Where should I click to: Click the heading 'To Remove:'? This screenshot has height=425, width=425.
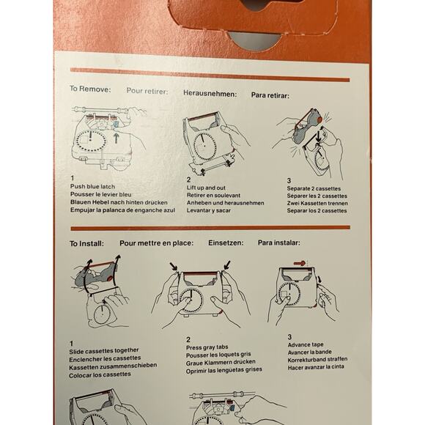pos(90,89)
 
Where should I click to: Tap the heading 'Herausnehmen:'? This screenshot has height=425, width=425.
pos(210,94)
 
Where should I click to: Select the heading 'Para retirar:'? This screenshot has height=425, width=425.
pos(270,95)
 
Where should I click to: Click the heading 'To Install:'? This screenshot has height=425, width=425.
pos(86,243)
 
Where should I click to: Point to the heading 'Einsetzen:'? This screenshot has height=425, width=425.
pos(226,243)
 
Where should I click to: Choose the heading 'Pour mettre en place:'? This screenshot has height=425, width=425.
pos(156,243)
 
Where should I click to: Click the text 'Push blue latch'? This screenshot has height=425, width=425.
pos(93,186)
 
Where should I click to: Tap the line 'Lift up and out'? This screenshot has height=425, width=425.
pos(206,188)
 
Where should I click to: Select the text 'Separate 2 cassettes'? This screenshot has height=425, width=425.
pos(314,188)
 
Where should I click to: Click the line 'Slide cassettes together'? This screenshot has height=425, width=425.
pos(104,351)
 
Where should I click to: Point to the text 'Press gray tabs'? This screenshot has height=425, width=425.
pos(207,347)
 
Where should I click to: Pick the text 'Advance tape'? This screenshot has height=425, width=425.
pos(306,345)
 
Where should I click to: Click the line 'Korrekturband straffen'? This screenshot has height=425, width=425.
pos(318,359)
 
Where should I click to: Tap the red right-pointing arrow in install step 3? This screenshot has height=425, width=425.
pos(300,263)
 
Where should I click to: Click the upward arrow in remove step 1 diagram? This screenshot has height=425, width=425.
pos(116,138)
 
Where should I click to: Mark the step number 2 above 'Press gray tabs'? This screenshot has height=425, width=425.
pos(188,339)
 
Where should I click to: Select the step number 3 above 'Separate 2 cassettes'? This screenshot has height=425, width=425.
pos(289,180)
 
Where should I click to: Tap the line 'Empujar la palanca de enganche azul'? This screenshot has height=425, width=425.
pos(123,210)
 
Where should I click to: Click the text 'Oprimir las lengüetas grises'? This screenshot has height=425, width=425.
pos(224,370)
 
